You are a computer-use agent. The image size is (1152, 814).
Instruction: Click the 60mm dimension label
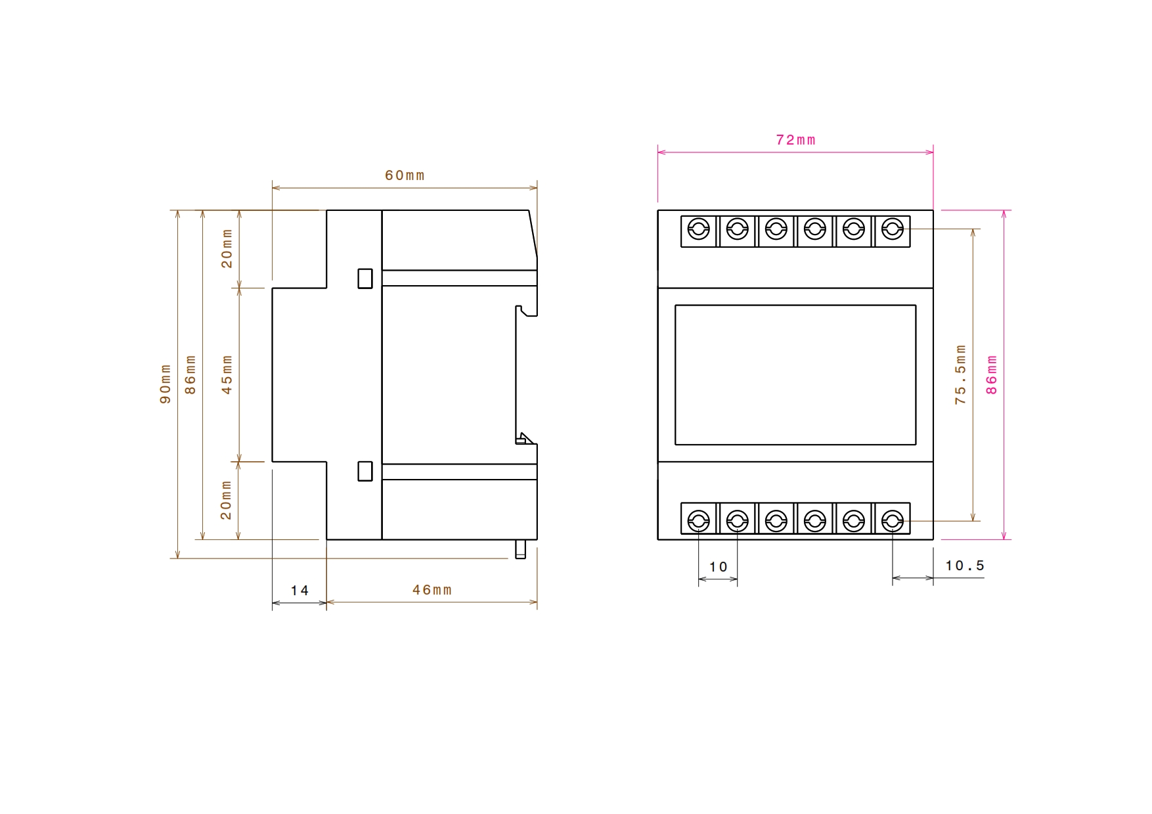pyautogui.click(x=405, y=175)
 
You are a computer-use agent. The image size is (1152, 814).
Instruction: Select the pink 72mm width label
pyautogui.click(x=795, y=140)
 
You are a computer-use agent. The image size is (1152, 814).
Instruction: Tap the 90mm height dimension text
pyautogui.click(x=166, y=384)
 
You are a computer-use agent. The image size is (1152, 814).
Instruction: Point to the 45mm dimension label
pyautogui.click(x=227, y=374)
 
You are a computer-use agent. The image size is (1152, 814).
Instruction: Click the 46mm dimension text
pyautogui.click(x=432, y=590)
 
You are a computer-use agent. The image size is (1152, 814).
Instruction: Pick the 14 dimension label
pyautogui.click(x=299, y=591)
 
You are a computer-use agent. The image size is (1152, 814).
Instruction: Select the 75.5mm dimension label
pyautogui.click(x=961, y=374)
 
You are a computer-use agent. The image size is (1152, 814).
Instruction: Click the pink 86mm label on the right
pyautogui.click(x=992, y=374)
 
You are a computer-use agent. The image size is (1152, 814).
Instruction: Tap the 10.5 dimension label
pyautogui.click(x=965, y=566)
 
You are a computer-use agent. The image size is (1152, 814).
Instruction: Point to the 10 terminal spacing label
pyautogui.click(x=719, y=567)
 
